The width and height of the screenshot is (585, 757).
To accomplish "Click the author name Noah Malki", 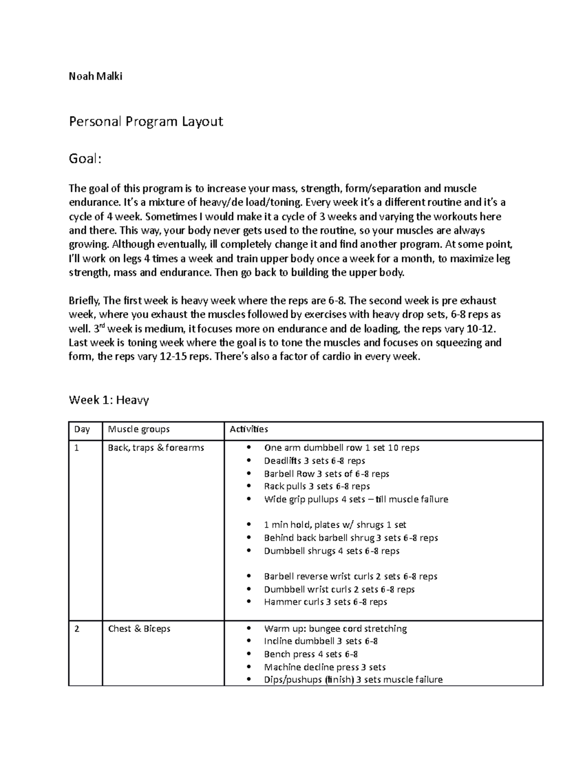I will (x=96, y=76).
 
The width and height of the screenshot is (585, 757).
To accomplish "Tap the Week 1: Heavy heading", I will (x=109, y=400).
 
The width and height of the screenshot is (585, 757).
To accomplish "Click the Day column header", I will (x=82, y=429).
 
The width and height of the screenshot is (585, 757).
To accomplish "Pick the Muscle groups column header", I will (x=138, y=429).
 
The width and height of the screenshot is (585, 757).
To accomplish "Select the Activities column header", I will (x=249, y=429).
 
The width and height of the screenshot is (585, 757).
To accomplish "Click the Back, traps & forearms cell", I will (x=156, y=447).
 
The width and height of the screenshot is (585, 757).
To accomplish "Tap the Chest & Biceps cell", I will (x=139, y=628).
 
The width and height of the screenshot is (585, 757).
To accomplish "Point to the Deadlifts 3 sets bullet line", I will (x=314, y=461).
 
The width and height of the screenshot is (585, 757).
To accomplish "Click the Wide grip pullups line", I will (x=356, y=499).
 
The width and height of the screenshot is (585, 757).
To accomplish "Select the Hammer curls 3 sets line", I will (x=325, y=602).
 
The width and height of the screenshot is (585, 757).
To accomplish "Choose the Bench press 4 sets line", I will (x=311, y=654).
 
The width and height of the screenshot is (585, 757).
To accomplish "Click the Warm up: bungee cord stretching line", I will (x=335, y=628).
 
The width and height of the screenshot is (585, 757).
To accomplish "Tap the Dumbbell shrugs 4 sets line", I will (x=331, y=551).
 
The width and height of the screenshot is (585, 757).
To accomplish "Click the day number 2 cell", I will (x=77, y=628).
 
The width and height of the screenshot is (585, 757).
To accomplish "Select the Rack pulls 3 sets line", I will (x=317, y=486).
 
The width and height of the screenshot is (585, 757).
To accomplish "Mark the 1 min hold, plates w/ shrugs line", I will (x=335, y=525).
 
